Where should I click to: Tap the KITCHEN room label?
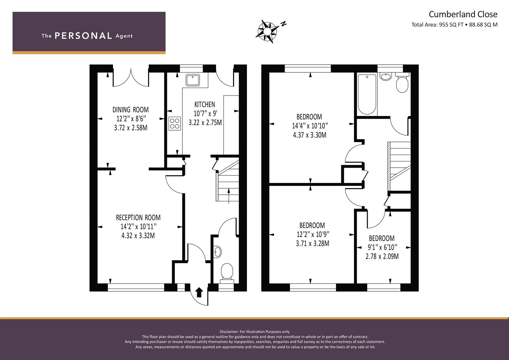click(205, 105)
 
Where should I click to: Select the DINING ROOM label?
click(131, 110)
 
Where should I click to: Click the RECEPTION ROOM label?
click(138, 218)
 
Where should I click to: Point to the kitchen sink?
click(193, 80)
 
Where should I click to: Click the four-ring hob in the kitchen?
click(175, 124)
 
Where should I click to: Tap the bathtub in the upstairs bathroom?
click(367, 95)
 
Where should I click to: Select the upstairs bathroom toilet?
click(402, 83)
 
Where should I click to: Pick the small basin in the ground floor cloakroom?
click(217, 252)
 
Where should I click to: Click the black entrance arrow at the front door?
click(199, 292)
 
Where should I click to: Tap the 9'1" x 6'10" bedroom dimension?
click(382, 247)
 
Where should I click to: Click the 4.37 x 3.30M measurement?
click(310, 135)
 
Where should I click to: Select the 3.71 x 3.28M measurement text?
click(312, 244)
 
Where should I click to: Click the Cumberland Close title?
click(463, 14)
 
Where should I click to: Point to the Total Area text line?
click(454, 25)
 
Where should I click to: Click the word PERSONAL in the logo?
click(83, 36)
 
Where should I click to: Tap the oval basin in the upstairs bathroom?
click(386, 76)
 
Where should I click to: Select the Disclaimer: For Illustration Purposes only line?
click(255, 332)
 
